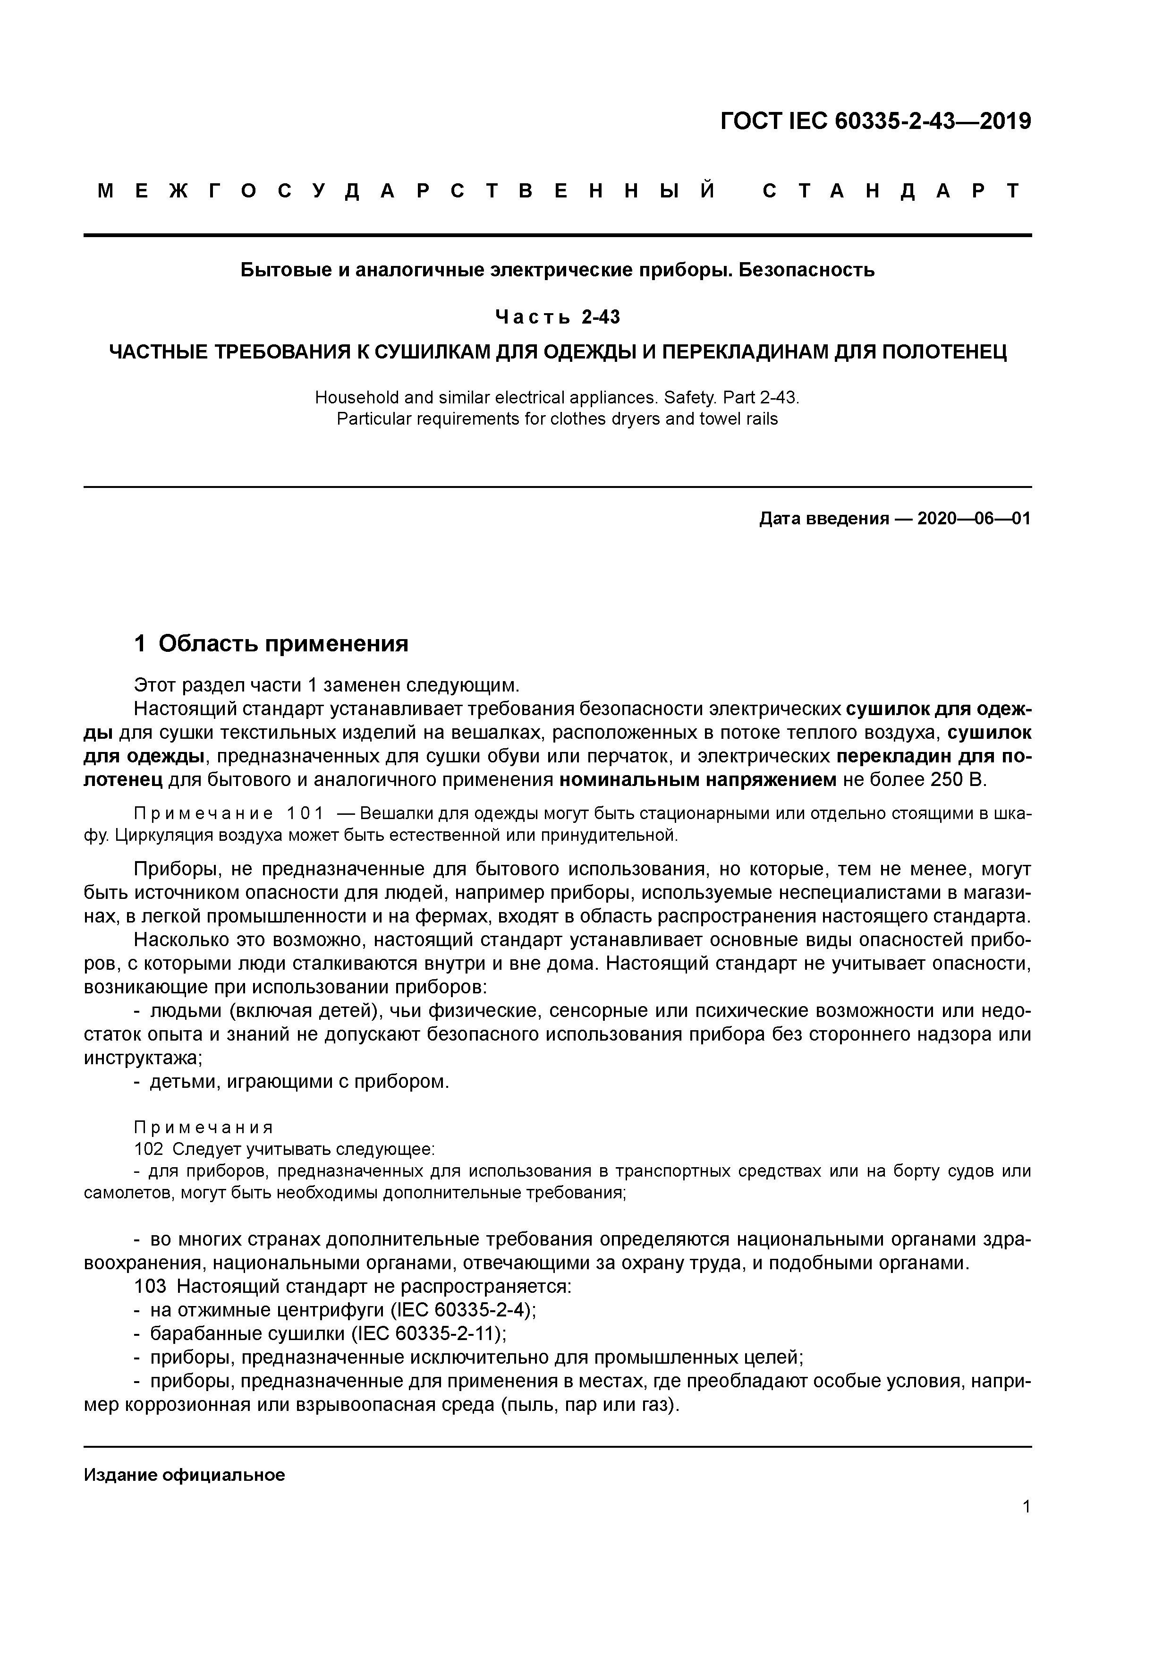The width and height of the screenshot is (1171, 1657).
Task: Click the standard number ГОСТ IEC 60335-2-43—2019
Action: tap(876, 121)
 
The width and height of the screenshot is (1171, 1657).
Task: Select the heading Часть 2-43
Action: tap(557, 317)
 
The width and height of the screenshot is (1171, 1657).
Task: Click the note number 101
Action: tap(305, 814)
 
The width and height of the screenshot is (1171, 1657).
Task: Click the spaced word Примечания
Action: tap(204, 1127)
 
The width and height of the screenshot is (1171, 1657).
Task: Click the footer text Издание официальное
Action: tap(185, 1475)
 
